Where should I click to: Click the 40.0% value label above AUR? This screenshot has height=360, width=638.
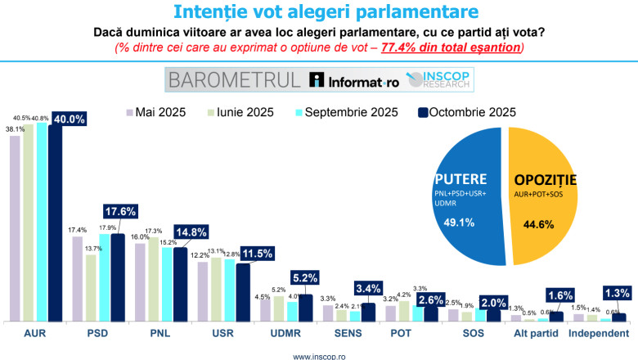[x=70, y=118]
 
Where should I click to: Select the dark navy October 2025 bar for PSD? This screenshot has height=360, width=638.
[x=118, y=277]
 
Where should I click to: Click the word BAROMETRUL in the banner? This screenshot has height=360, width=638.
[x=234, y=80]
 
